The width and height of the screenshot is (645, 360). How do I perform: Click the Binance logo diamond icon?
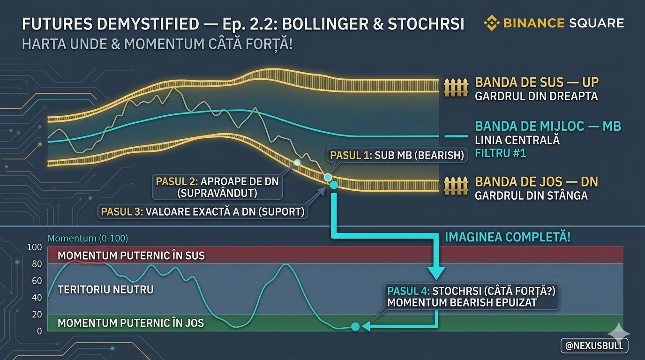(492, 22)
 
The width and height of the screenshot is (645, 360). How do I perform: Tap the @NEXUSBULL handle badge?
(594, 345)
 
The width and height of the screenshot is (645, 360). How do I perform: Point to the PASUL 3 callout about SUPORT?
(202, 212)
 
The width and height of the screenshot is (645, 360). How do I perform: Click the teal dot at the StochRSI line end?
(355, 326)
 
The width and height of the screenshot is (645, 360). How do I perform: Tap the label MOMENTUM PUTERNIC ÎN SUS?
(131, 256)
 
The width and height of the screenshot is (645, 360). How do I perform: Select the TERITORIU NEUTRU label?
(105, 290)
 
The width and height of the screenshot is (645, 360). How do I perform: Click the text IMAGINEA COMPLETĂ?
(507, 237)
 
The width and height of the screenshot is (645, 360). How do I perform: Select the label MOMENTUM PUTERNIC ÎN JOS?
(131, 323)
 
